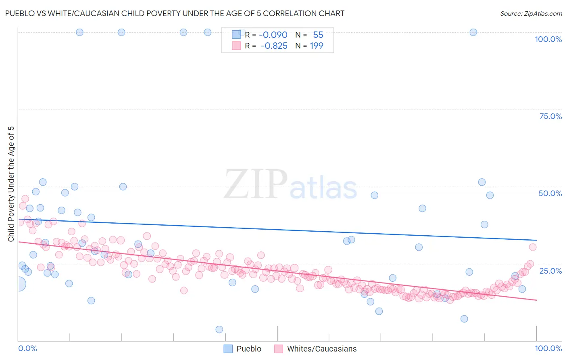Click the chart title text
click(x=175, y=13)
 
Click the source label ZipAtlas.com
click(x=531, y=13)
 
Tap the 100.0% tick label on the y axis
click(x=548, y=39)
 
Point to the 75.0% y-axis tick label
click(x=550, y=116)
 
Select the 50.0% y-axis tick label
click(x=550, y=193)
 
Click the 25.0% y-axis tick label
click(x=550, y=270)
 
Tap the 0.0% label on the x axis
click(x=27, y=348)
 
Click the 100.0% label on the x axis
click(x=548, y=348)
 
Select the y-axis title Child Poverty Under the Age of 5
click(x=11, y=184)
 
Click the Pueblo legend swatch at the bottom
click(x=228, y=349)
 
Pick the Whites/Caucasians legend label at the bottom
click(x=322, y=349)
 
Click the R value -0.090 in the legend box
click(x=273, y=35)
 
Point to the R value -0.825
click(x=274, y=46)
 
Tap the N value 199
click(x=317, y=46)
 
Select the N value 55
click(x=318, y=35)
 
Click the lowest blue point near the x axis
click(x=219, y=329)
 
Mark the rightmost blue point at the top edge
click(x=473, y=32)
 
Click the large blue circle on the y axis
click(x=18, y=284)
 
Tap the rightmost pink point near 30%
click(x=533, y=247)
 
